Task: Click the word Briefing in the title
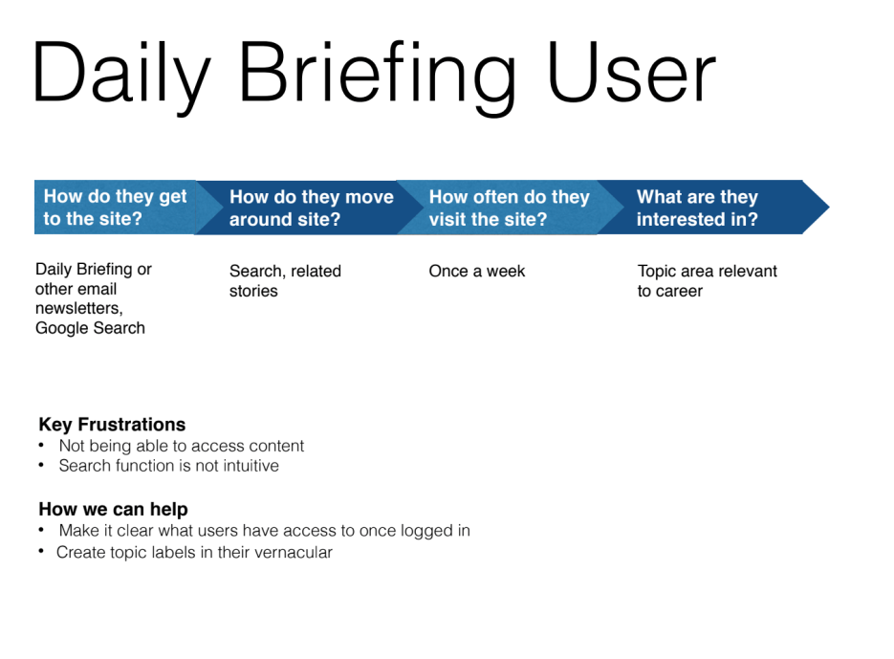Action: pyautogui.click(x=377, y=77)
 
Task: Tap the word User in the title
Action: pyautogui.click(x=631, y=72)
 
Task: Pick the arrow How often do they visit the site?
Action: pyautogui.click(x=510, y=208)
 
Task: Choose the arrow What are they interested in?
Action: pyautogui.click(x=712, y=208)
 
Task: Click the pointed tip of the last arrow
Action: pyautogui.click(x=829, y=208)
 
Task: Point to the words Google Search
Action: pyautogui.click(x=90, y=328)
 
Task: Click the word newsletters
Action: pyautogui.click(x=79, y=308)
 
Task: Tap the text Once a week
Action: pyautogui.click(x=477, y=271)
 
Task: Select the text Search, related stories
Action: pyautogui.click(x=285, y=280)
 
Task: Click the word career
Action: pyautogui.click(x=679, y=291)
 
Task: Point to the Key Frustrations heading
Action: pyautogui.click(x=112, y=425)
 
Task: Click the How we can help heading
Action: pyautogui.click(x=114, y=509)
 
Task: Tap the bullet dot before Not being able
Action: pyautogui.click(x=42, y=445)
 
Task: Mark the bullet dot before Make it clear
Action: pyautogui.click(x=42, y=530)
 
